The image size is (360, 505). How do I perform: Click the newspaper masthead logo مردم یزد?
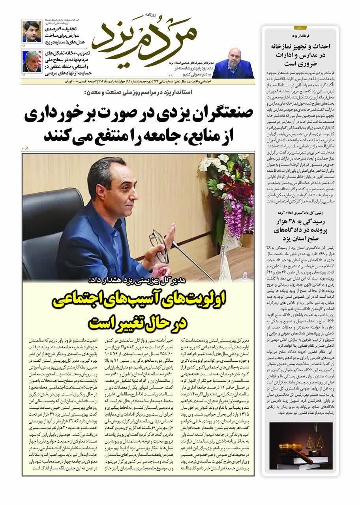[142, 38]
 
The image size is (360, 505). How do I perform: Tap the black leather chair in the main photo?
[43, 225]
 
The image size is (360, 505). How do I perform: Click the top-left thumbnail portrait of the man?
[31, 31]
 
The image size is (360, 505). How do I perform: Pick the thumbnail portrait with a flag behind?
[32, 61]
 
